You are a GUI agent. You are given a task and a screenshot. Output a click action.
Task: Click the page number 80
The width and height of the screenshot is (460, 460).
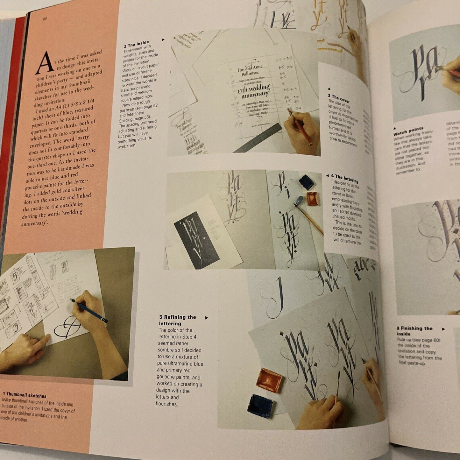(x=45, y=19)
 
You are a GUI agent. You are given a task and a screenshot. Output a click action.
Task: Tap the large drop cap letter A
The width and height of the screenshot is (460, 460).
(x=45, y=63)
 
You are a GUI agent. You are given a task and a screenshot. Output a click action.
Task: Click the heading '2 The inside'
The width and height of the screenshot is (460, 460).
(x=136, y=44)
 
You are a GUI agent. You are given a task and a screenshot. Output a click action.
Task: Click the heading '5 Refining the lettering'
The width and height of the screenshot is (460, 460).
(x=177, y=320)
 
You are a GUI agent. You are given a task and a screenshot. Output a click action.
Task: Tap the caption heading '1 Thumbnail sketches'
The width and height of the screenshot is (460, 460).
(x=25, y=395)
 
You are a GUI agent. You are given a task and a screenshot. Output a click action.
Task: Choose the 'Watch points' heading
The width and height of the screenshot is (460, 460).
(x=408, y=131)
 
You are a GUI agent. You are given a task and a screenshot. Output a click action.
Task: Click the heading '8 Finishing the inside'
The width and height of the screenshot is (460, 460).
(x=414, y=330)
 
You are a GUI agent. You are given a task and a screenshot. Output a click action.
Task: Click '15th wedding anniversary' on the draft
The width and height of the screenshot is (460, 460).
(x=254, y=91)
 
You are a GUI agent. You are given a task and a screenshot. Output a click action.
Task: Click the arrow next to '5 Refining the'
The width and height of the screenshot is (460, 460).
(x=207, y=317)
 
